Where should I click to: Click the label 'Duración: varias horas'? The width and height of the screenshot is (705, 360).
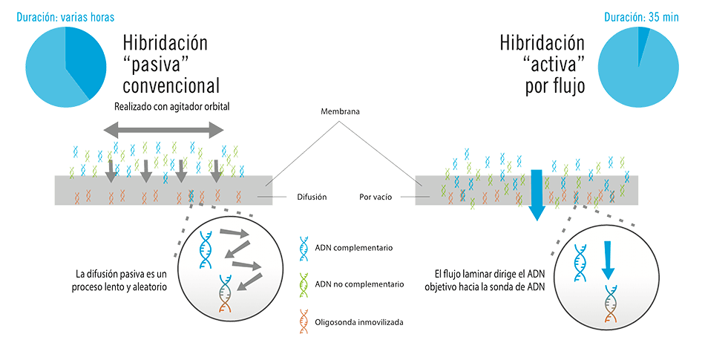(65, 16)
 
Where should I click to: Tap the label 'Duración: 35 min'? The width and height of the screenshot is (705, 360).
(641, 16)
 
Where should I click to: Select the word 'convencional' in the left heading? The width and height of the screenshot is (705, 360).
(171, 83)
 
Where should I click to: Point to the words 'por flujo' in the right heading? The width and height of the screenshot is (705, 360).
(554, 85)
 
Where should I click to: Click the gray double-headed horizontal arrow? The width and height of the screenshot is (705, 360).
(163, 131)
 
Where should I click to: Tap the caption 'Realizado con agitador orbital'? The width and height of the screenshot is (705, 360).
(171, 107)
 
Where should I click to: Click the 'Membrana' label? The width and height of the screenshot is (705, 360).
(341, 111)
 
